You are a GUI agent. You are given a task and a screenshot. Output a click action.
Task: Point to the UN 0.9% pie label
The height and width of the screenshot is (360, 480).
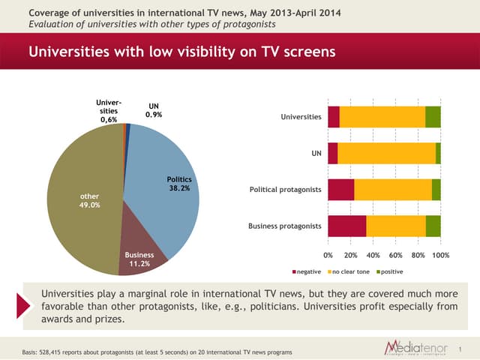point(153,110)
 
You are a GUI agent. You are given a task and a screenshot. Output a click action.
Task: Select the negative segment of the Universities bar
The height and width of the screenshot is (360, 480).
point(334,117)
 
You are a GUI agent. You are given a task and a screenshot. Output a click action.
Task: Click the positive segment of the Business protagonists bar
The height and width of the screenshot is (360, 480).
point(433,226)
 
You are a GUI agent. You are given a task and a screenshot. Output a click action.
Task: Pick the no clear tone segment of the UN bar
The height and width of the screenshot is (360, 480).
point(386,153)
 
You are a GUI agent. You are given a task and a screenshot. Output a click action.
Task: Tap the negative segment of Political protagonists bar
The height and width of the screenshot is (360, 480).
point(341,190)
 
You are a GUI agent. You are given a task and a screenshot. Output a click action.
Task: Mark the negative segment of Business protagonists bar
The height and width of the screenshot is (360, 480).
point(346,226)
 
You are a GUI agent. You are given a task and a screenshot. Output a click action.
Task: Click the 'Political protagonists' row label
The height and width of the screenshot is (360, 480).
point(285,190)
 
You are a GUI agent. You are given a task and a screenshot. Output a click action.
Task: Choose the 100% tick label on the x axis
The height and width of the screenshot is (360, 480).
point(440,256)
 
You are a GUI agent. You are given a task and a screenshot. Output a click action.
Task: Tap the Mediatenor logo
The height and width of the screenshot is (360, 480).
point(415,347)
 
